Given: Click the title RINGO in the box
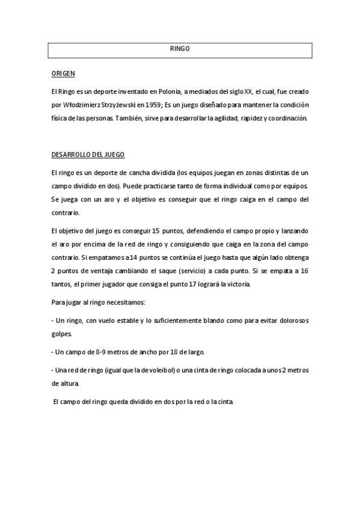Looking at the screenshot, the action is coord(180,49).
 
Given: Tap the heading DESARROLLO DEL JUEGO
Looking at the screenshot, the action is coord(88,155).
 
